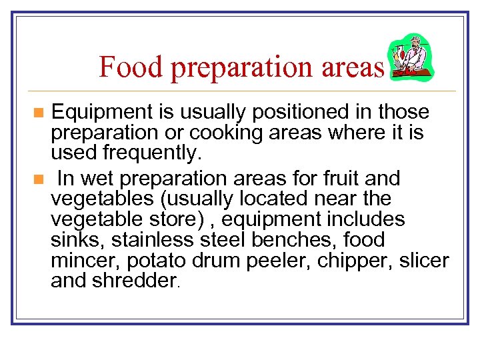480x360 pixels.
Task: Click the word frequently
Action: point(150,153)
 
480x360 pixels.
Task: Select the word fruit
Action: point(343,179)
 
